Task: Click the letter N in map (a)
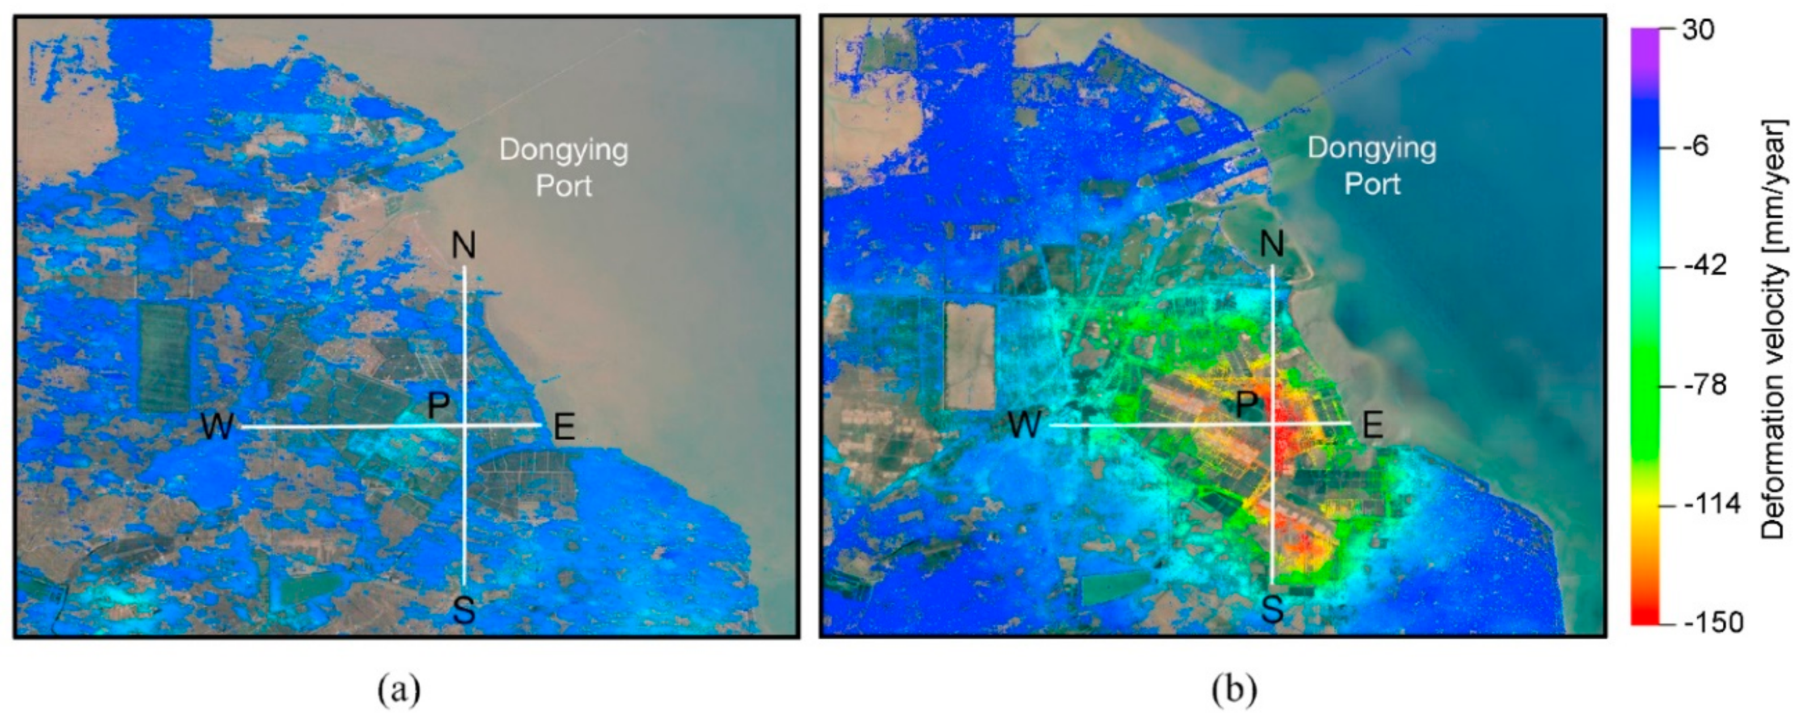pyautogui.click(x=464, y=246)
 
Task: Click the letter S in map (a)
pyautogui.click(x=464, y=611)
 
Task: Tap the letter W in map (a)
pyautogui.click(x=217, y=426)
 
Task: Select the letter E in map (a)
pyautogui.click(x=564, y=426)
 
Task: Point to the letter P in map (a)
pyautogui.click(x=439, y=405)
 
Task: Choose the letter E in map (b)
pyautogui.click(x=1372, y=425)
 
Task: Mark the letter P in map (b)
pyautogui.click(x=1246, y=404)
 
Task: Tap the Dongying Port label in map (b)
pyautogui.click(x=1371, y=166)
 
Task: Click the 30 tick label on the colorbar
pyautogui.click(x=1698, y=31)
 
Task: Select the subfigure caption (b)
pyautogui.click(x=1234, y=690)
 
